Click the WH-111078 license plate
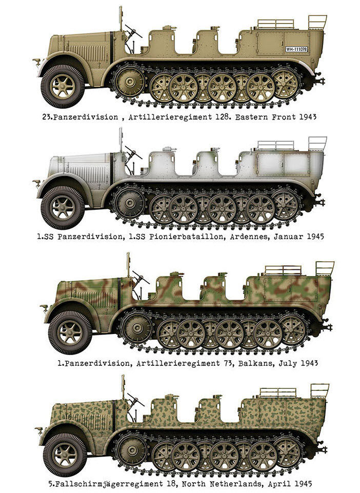click(296, 49)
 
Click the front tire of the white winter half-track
click(63, 208)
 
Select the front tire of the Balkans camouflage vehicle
click(70, 332)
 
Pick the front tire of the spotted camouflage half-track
click(65, 455)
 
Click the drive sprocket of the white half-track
click(130, 203)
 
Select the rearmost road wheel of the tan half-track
click(285, 84)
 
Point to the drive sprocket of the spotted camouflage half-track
click(132, 450)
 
